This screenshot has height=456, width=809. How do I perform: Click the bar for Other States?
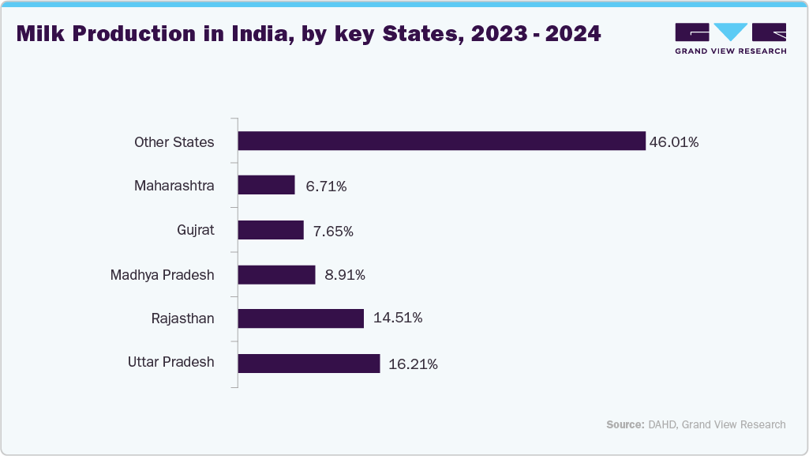(441, 141)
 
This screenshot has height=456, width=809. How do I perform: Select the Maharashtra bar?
(266, 186)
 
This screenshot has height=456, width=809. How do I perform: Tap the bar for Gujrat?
(271, 230)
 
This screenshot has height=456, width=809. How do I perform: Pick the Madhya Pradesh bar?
(276, 274)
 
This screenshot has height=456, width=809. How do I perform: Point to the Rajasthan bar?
(301, 318)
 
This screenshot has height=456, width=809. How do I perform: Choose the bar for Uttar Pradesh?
(309, 364)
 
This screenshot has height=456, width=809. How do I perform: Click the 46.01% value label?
(674, 142)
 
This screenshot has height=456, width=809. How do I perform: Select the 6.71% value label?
(326, 187)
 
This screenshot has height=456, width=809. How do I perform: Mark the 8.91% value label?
(344, 275)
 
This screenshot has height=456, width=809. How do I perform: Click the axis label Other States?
(174, 142)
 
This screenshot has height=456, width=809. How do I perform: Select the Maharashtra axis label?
(174, 187)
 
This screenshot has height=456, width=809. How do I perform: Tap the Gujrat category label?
(196, 231)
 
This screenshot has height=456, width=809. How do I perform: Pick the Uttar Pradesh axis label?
(170, 362)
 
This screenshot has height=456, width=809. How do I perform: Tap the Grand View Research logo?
(730, 38)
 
